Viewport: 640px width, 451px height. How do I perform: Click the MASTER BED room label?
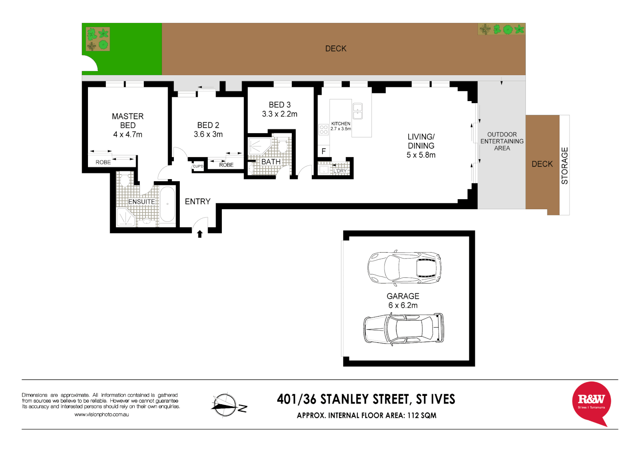tap(128, 121)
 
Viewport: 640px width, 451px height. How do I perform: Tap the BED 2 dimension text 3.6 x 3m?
tap(208, 134)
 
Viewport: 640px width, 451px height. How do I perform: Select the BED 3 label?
tap(280, 105)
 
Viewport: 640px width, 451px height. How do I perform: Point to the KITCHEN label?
tap(341, 124)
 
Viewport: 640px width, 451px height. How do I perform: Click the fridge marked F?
tap(324, 152)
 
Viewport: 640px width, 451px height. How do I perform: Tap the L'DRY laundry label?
tap(340, 171)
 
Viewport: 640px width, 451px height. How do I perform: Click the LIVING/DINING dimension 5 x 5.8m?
tap(421, 155)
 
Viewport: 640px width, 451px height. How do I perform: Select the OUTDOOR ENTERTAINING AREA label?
tap(502, 141)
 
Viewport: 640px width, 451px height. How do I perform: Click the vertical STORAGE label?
tap(565, 166)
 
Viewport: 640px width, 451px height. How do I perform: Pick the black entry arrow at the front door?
tap(200, 234)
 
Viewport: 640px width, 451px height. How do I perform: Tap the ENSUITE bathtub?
tap(168, 204)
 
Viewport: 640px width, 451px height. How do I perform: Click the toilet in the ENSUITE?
tap(125, 180)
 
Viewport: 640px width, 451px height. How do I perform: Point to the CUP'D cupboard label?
tap(198, 167)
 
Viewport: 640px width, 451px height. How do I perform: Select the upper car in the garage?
tap(404, 267)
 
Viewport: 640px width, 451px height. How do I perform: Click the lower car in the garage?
tap(404, 329)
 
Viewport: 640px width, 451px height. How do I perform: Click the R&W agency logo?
tap(591, 402)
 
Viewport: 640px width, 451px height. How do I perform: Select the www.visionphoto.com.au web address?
tap(101, 415)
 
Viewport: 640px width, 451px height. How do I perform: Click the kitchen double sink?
tap(358, 111)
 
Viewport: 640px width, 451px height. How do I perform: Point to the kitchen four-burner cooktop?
tap(324, 129)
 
